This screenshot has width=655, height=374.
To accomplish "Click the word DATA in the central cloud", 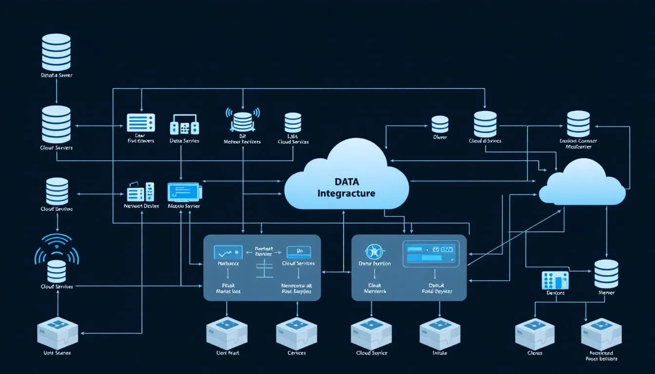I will pos(347,182).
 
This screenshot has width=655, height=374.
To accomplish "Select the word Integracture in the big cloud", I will pos(347,193).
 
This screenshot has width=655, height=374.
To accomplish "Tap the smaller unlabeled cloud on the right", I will pos(582,184).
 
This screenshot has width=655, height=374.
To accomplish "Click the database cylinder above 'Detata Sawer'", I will pos(56,52).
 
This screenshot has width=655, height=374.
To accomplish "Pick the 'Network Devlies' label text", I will pos(141,206).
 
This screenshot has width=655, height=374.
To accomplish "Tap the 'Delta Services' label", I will pos(184,141).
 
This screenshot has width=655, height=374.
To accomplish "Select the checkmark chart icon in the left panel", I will pos(228,252).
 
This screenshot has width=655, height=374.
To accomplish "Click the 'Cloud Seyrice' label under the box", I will pos(371,353).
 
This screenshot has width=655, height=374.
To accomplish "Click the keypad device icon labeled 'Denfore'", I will pos(555,280).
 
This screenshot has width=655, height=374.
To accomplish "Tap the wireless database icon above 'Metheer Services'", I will pos(242,119).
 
